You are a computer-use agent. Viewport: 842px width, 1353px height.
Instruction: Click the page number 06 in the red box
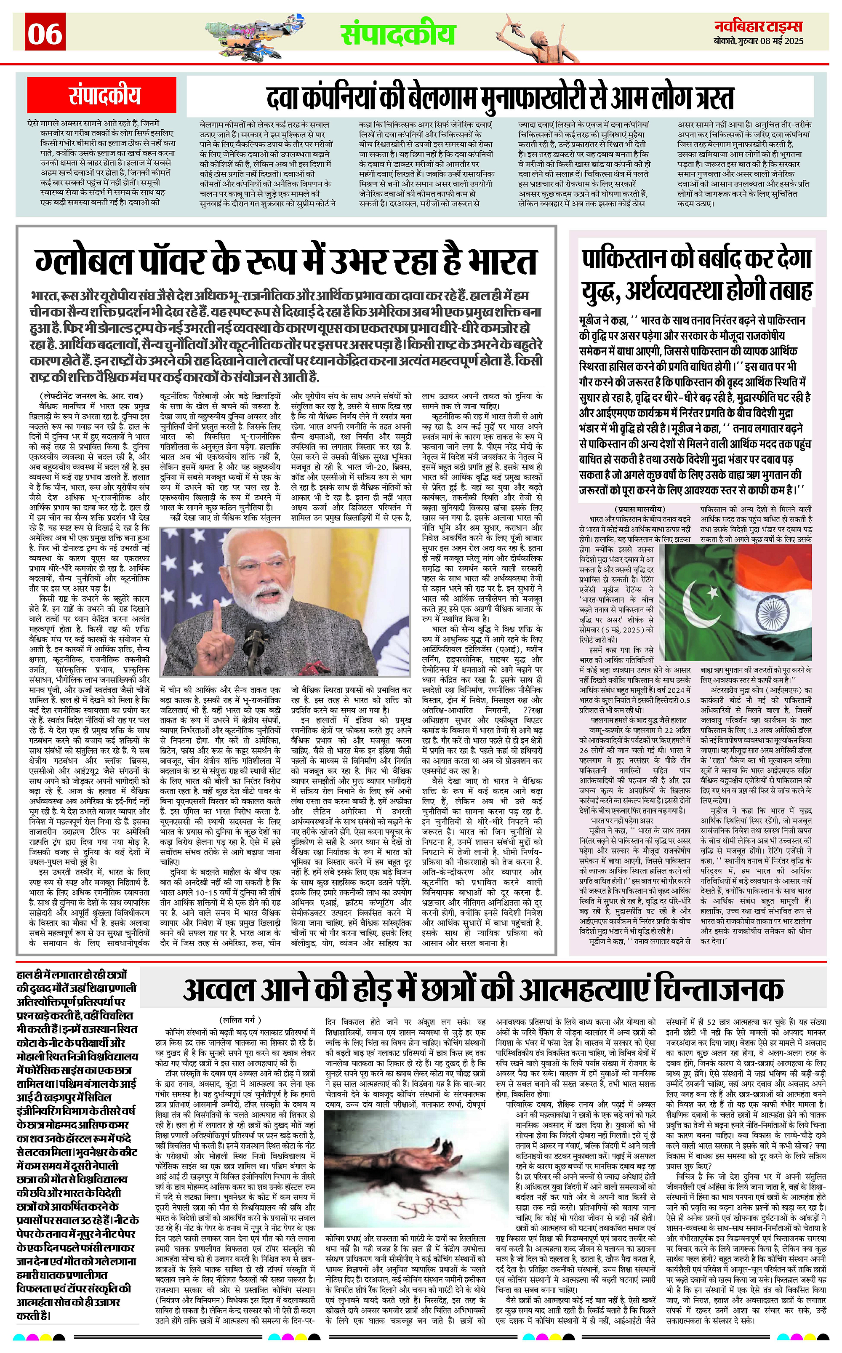[x=45, y=33]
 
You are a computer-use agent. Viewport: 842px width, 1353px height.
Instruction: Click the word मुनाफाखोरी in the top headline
[x=521, y=98]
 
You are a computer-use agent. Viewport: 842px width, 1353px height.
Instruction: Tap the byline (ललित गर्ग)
[x=240, y=1019]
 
